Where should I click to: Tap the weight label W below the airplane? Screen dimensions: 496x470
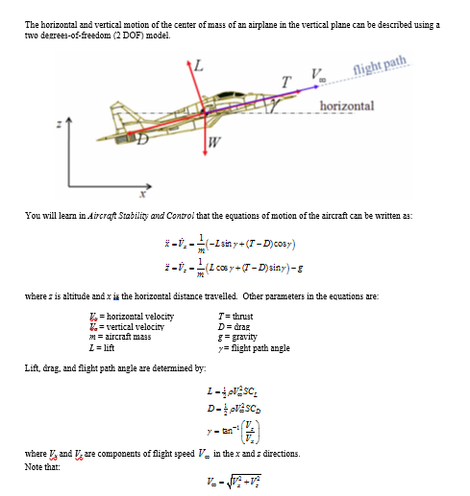point(214,144)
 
